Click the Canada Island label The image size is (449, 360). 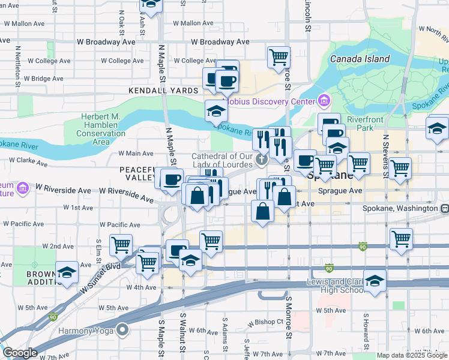pyautogui.click(x=360, y=59)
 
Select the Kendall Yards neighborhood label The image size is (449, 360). pyautogui.click(x=163, y=91)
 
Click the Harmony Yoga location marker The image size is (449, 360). pyautogui.click(x=123, y=330)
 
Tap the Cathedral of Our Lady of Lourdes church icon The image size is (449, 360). pyautogui.click(x=261, y=160)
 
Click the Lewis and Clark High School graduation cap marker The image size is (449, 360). pyautogui.click(x=375, y=281)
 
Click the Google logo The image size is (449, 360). pyautogui.click(x=20, y=353)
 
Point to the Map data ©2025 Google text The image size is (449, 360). pyautogui.click(x=411, y=355)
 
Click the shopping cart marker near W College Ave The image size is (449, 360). pyautogui.click(x=279, y=59)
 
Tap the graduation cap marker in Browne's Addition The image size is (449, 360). pyautogui.click(x=67, y=273)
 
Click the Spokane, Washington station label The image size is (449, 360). pyautogui.click(x=400, y=208)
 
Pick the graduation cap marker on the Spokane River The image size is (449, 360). pyautogui.click(x=216, y=111)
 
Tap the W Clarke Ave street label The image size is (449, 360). pyautogui.click(x=28, y=162)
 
